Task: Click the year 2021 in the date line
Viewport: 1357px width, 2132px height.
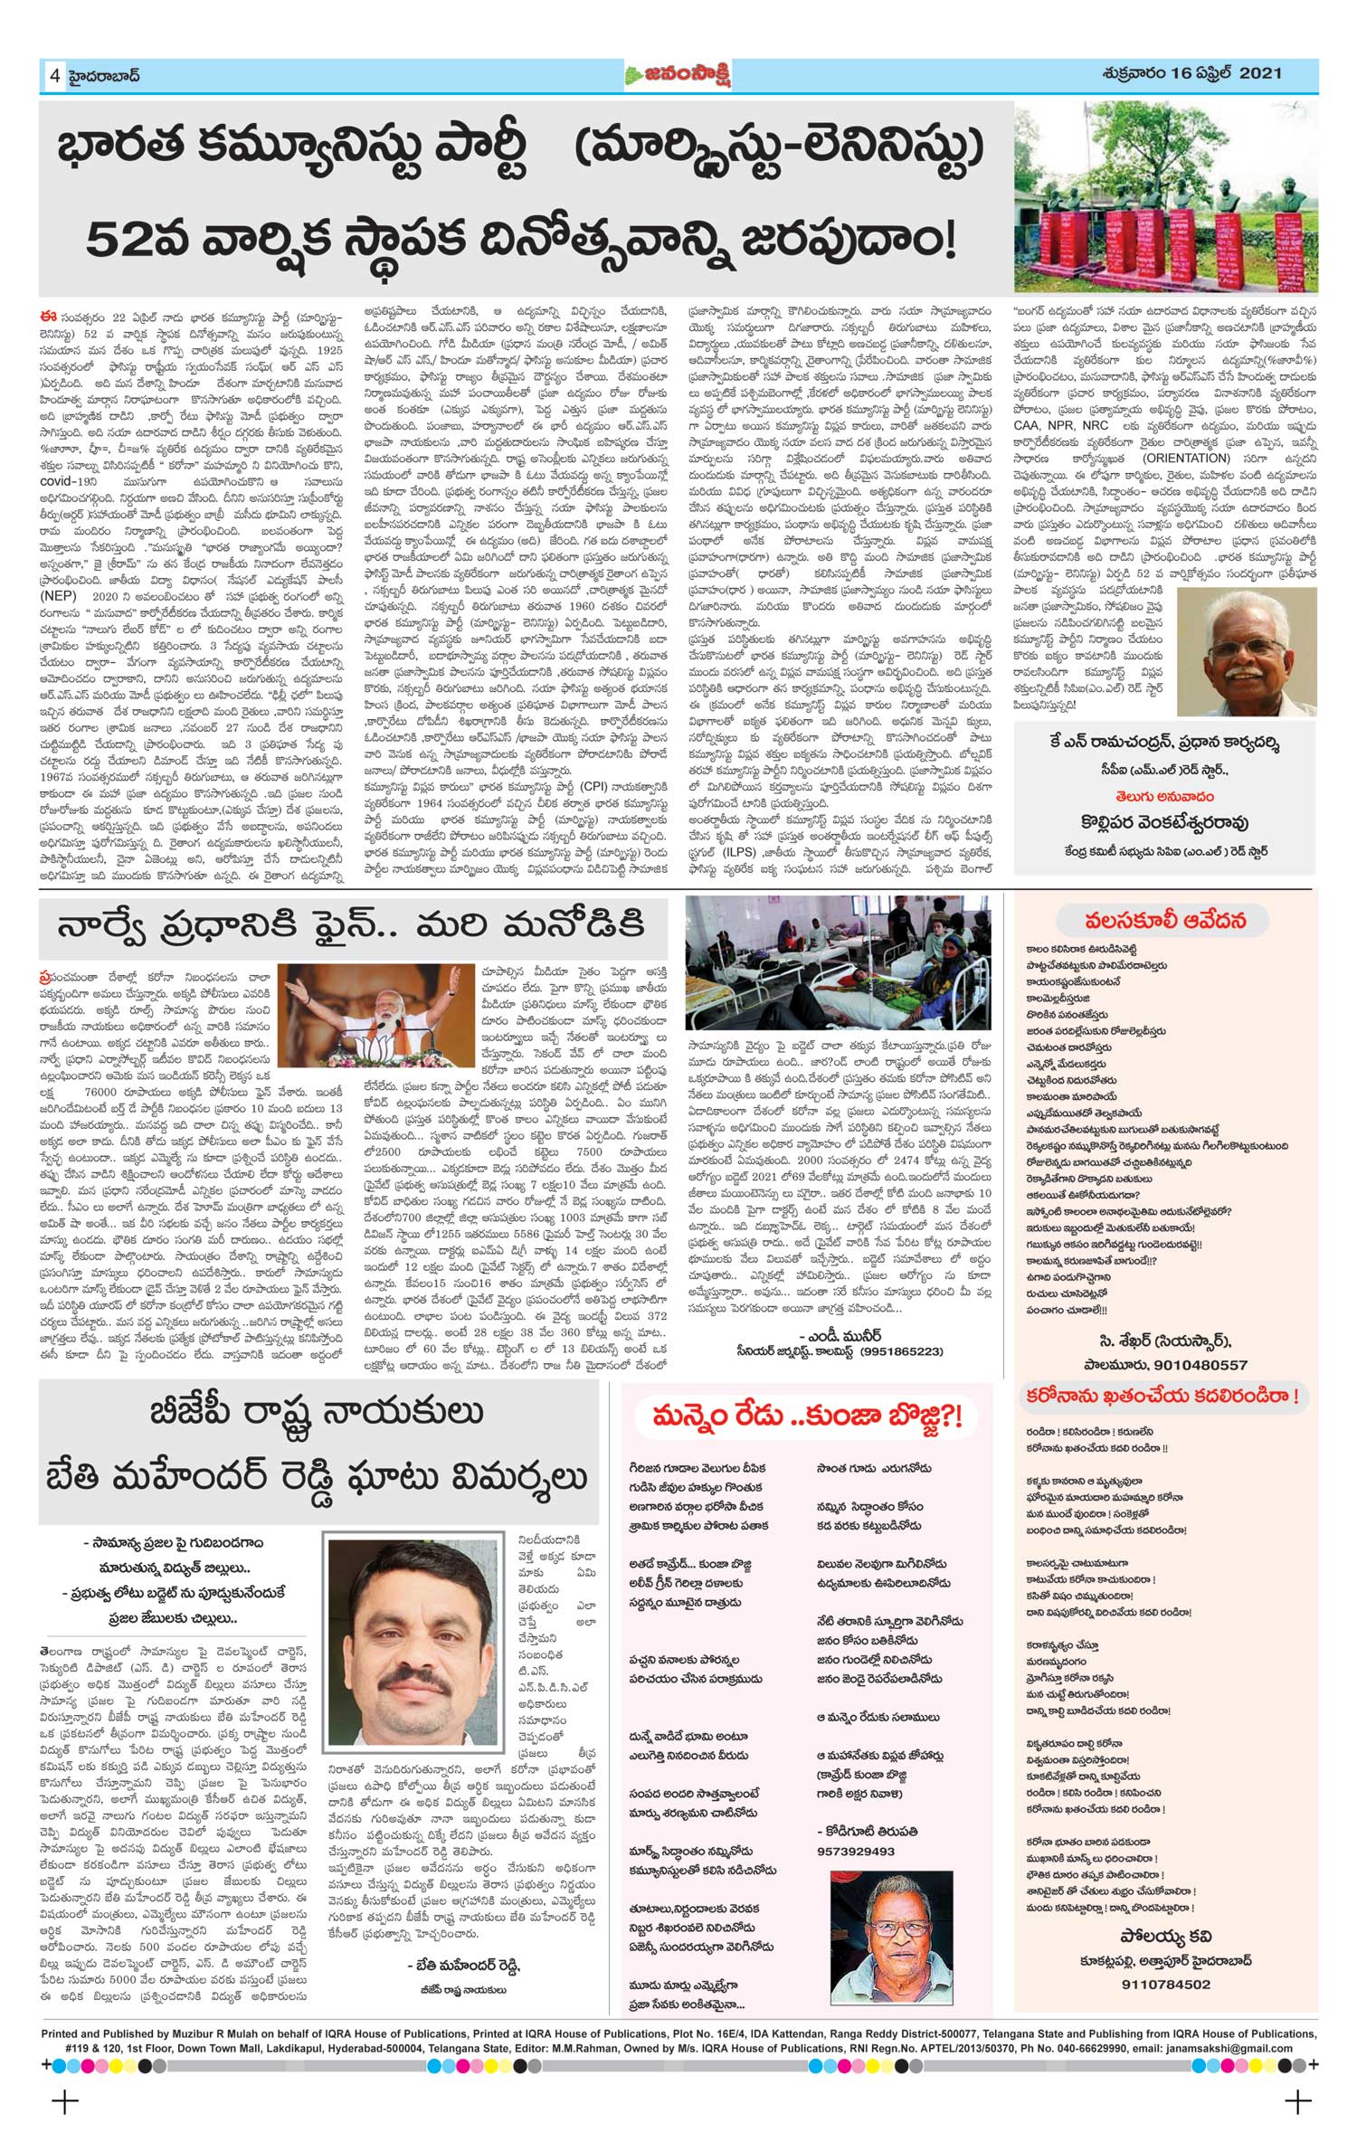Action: point(1259,73)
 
